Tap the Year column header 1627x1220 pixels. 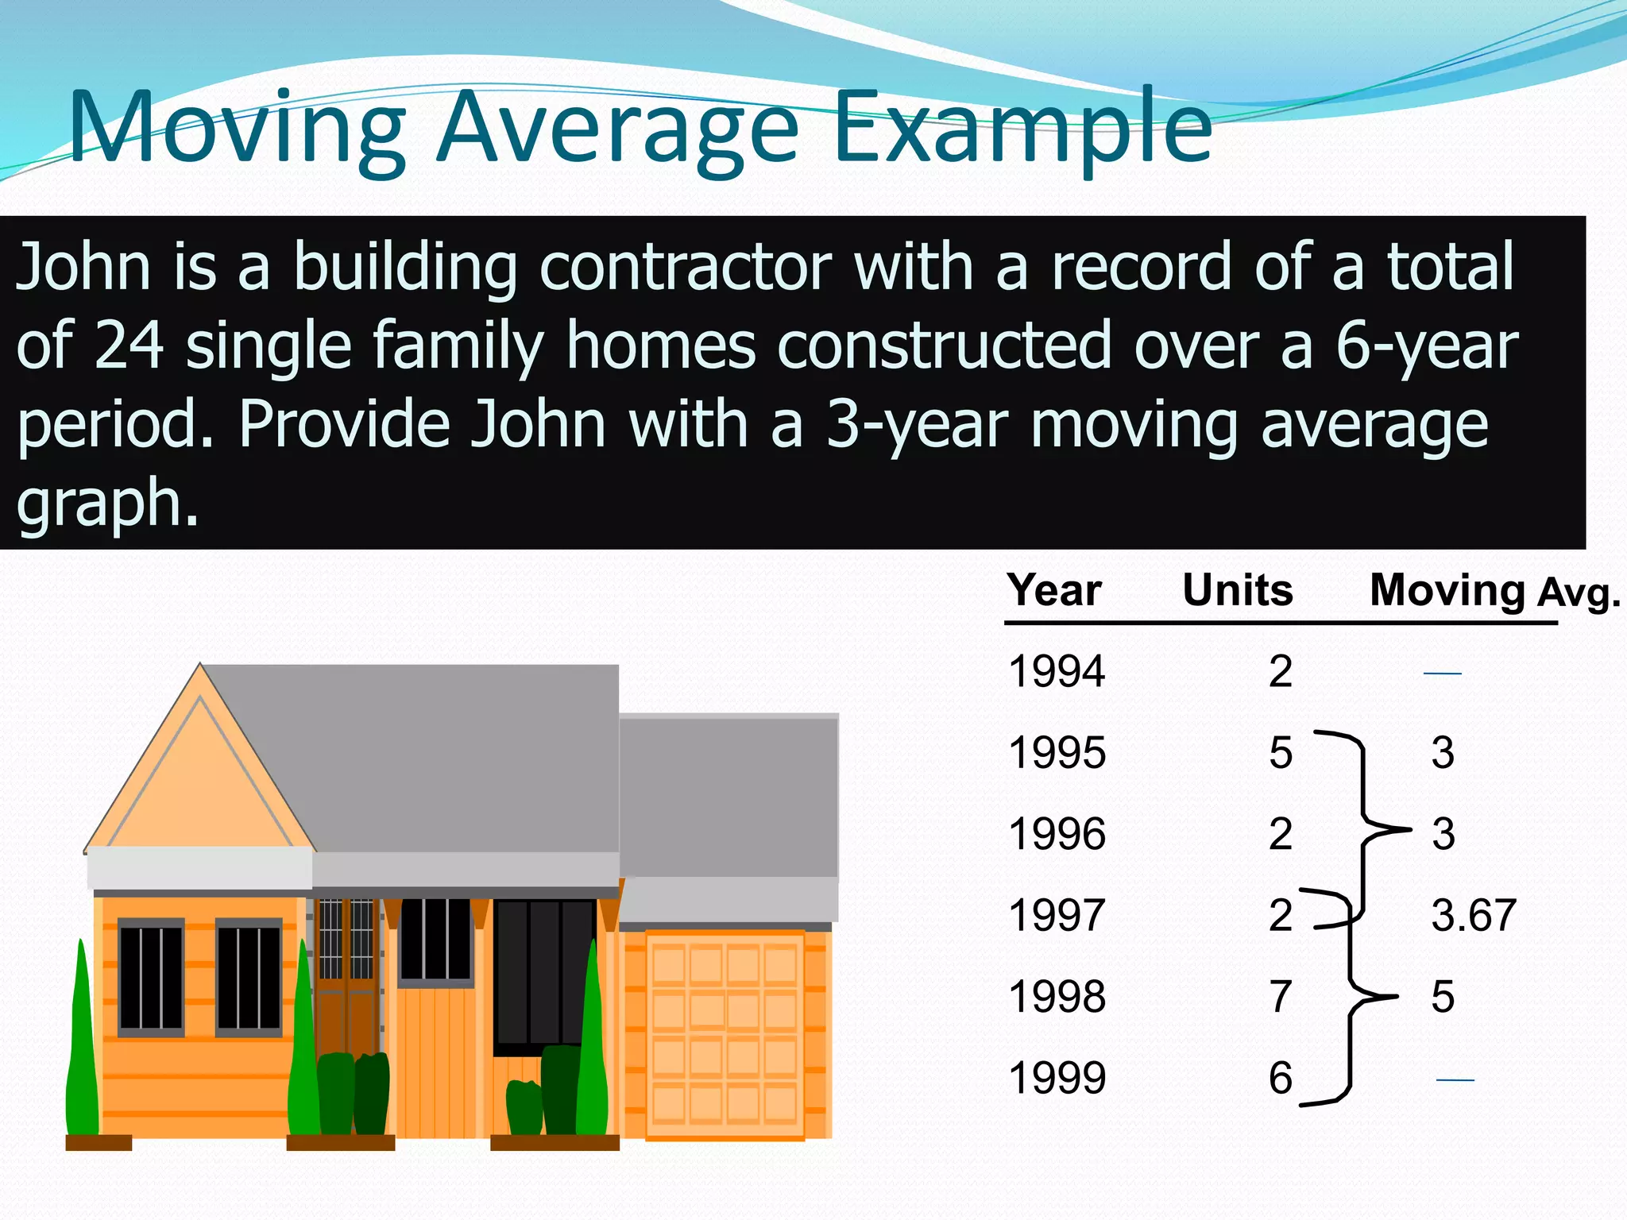1054,590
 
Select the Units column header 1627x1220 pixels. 1237,590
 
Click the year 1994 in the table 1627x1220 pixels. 1057,671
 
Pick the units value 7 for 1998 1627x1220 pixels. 1280,997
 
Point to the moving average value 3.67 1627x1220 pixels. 1474,915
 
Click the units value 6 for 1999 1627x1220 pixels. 1280,1078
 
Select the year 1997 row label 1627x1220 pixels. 1057,915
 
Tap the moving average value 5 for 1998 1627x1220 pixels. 1443,997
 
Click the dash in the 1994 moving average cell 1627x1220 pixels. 1442,673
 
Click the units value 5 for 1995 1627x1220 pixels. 1280,752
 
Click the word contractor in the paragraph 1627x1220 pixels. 685,267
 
